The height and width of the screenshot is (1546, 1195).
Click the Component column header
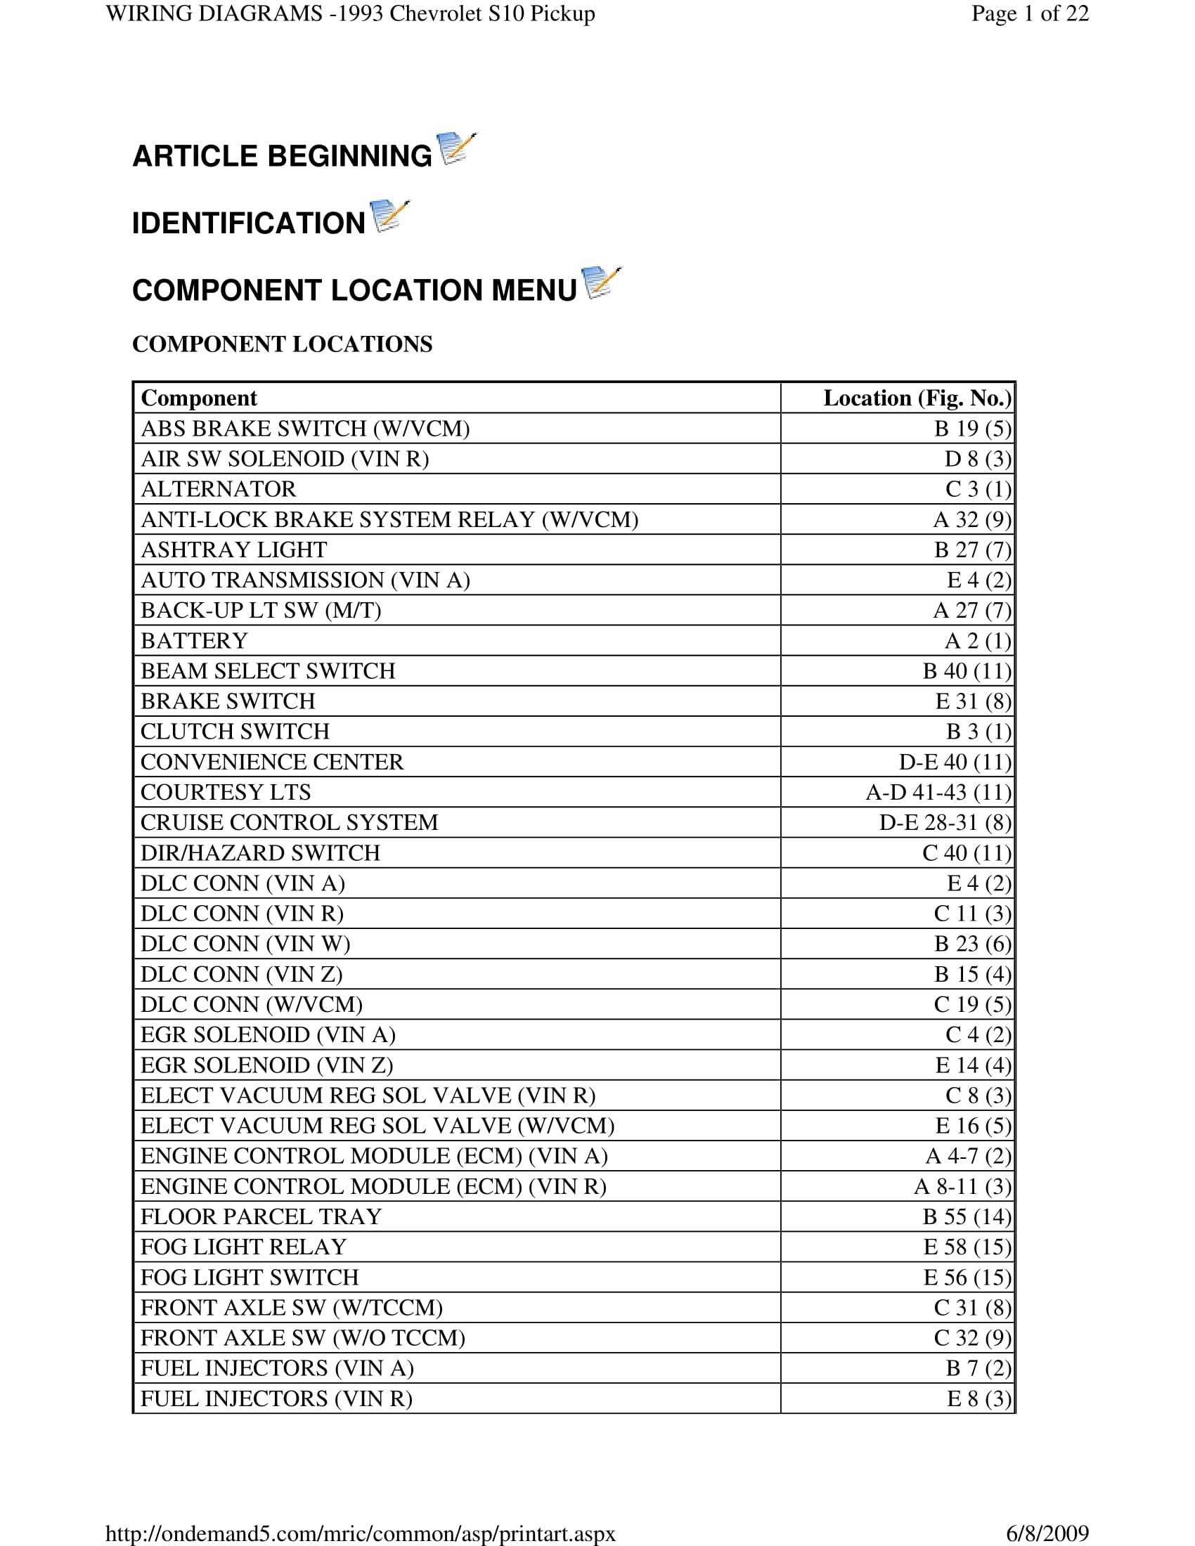pyautogui.click(x=199, y=398)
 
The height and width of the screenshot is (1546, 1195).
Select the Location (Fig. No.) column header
pyautogui.click(x=917, y=398)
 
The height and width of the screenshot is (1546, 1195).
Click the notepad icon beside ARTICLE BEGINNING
pyautogui.click(x=457, y=149)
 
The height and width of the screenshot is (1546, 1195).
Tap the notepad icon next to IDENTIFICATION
pyautogui.click(x=389, y=216)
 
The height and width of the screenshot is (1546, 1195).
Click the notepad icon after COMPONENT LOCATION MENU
pyautogui.click(x=600, y=283)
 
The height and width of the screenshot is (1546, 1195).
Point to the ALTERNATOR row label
pyautogui.click(x=218, y=489)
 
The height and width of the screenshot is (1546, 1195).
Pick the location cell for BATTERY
pyautogui.click(x=978, y=641)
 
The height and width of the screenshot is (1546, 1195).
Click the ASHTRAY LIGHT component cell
pyautogui.click(x=233, y=550)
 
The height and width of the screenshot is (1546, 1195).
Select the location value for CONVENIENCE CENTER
pyautogui.click(x=955, y=762)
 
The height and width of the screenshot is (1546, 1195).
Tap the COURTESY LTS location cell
pyautogui.click(x=938, y=792)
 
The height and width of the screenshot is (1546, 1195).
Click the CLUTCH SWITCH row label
pyautogui.click(x=235, y=732)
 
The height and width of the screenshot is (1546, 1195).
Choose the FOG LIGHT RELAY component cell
pyautogui.click(x=243, y=1247)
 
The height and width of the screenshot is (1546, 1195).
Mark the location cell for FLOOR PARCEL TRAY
pyautogui.click(x=967, y=1216)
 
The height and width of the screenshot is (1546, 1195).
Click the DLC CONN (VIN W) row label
pyautogui.click(x=245, y=944)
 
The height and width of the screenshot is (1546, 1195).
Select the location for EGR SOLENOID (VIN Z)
pyautogui.click(x=973, y=1065)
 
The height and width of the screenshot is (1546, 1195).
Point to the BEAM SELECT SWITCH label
pyautogui.click(x=268, y=671)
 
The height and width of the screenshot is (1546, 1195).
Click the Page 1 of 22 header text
pyautogui.click(x=1029, y=13)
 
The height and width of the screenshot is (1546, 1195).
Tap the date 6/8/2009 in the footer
pyautogui.click(x=1047, y=1533)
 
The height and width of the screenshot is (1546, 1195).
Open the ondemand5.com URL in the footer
pyautogui.click(x=361, y=1533)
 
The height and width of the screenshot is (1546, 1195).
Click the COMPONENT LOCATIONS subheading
pyautogui.click(x=282, y=344)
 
